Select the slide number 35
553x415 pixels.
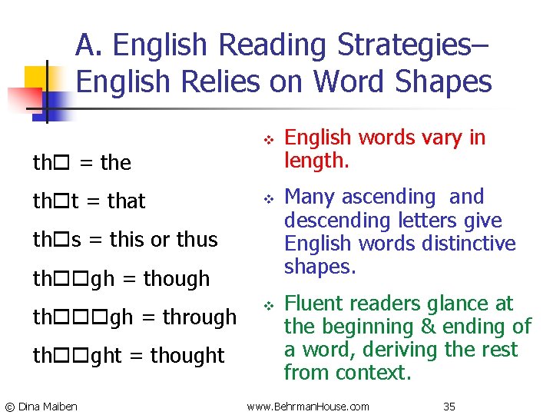tap(449, 406)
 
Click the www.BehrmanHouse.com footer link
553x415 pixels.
tap(308, 406)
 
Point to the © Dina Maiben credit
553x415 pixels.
tap(41, 406)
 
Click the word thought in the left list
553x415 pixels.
tap(187, 356)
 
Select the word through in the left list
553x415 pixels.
tap(199, 317)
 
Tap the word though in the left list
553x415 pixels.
tap(177, 278)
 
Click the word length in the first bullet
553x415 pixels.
tap(316, 160)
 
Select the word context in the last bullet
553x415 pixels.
tap(374, 373)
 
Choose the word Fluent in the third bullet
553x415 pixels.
tap(311, 304)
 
